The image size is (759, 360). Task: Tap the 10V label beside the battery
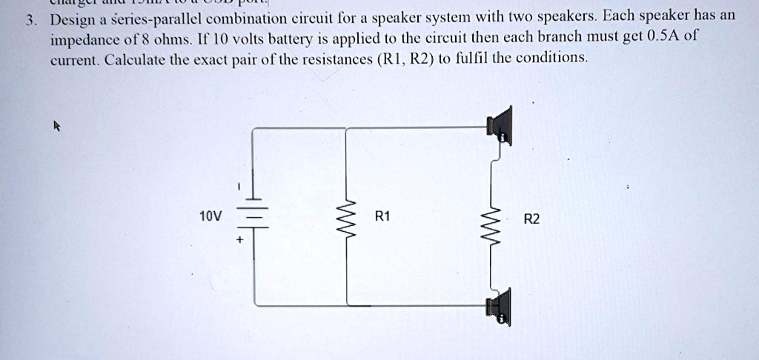tap(211, 216)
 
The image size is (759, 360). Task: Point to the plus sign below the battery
tap(239, 240)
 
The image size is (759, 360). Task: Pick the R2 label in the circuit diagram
tap(531, 219)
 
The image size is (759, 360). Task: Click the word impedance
tap(82, 39)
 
